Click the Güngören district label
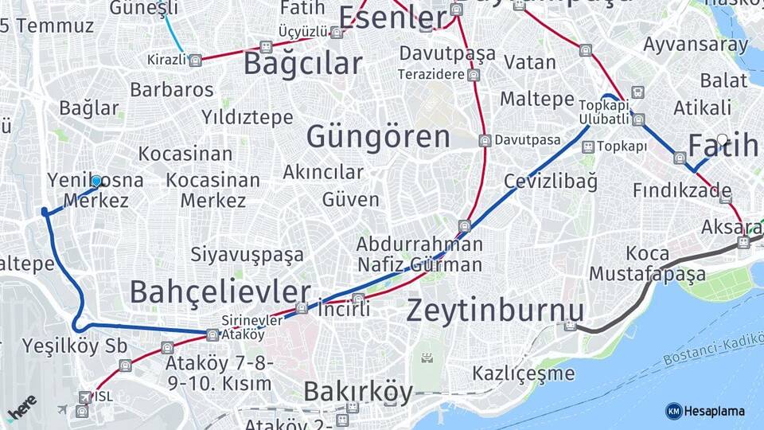coord(378,137)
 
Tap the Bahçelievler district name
coord(220,292)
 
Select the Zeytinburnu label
coord(495,311)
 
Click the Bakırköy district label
coord(358,392)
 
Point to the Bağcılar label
coord(302,64)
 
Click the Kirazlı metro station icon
coord(195,59)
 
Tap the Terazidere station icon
coord(474,76)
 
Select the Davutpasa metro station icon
coord(485,140)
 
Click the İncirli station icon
coord(358,299)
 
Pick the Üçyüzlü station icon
coord(337,33)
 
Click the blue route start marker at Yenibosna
coord(96,181)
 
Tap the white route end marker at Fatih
coord(722,140)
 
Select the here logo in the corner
coord(21,407)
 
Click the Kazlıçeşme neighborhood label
coord(523,373)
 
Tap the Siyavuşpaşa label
coord(247,255)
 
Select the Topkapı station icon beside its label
coord(587,147)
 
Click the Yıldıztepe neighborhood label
coord(247,118)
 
